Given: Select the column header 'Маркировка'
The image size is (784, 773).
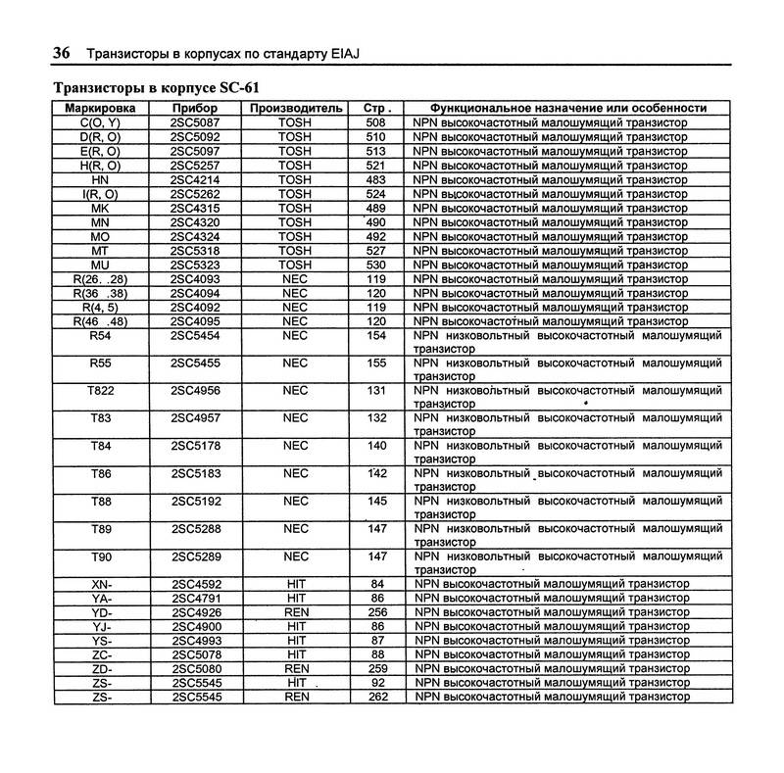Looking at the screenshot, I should pyautogui.click(x=100, y=108).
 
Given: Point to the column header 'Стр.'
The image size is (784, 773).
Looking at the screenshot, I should pyautogui.click(x=376, y=108).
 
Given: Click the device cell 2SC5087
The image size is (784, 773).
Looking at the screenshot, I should pyautogui.click(x=195, y=123).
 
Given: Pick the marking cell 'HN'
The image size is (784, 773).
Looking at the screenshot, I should pyautogui.click(x=100, y=180).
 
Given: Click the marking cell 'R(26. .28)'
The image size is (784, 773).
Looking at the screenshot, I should pyautogui.click(x=100, y=279).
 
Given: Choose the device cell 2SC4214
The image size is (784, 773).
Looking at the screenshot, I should pyautogui.click(x=195, y=180).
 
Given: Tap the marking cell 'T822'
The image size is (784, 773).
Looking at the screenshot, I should pyautogui.click(x=100, y=390).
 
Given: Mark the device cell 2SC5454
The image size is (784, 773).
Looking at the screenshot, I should pyautogui.click(x=195, y=335).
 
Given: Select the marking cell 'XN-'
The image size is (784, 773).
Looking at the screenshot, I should pyautogui.click(x=100, y=584).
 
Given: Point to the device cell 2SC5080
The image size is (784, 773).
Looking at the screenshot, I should pyautogui.click(x=195, y=668).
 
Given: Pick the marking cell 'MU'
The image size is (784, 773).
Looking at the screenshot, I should pyautogui.click(x=100, y=265).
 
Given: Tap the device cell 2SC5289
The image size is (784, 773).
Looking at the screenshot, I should pyautogui.click(x=195, y=556).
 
